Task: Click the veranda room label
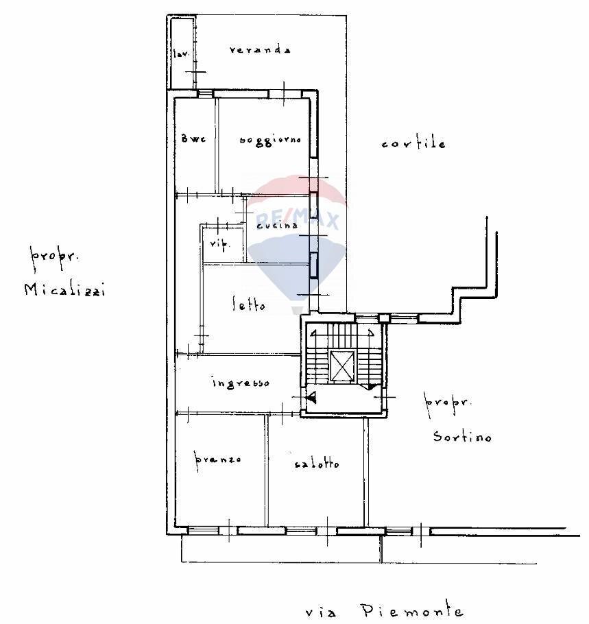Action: click(x=261, y=49)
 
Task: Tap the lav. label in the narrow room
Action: click(x=181, y=53)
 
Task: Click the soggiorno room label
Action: click(x=270, y=140)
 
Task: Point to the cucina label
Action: click(x=277, y=225)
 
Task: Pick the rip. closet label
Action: click(x=218, y=244)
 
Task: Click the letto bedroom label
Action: click(x=248, y=305)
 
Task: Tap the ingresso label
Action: click(x=240, y=383)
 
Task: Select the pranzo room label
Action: click(x=217, y=459)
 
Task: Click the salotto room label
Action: click(x=316, y=464)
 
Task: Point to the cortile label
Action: click(x=413, y=143)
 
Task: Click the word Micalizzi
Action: click(x=64, y=289)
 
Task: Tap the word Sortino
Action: click(x=461, y=436)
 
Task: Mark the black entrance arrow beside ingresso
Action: click(x=311, y=396)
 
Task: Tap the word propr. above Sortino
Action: click(x=447, y=403)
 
